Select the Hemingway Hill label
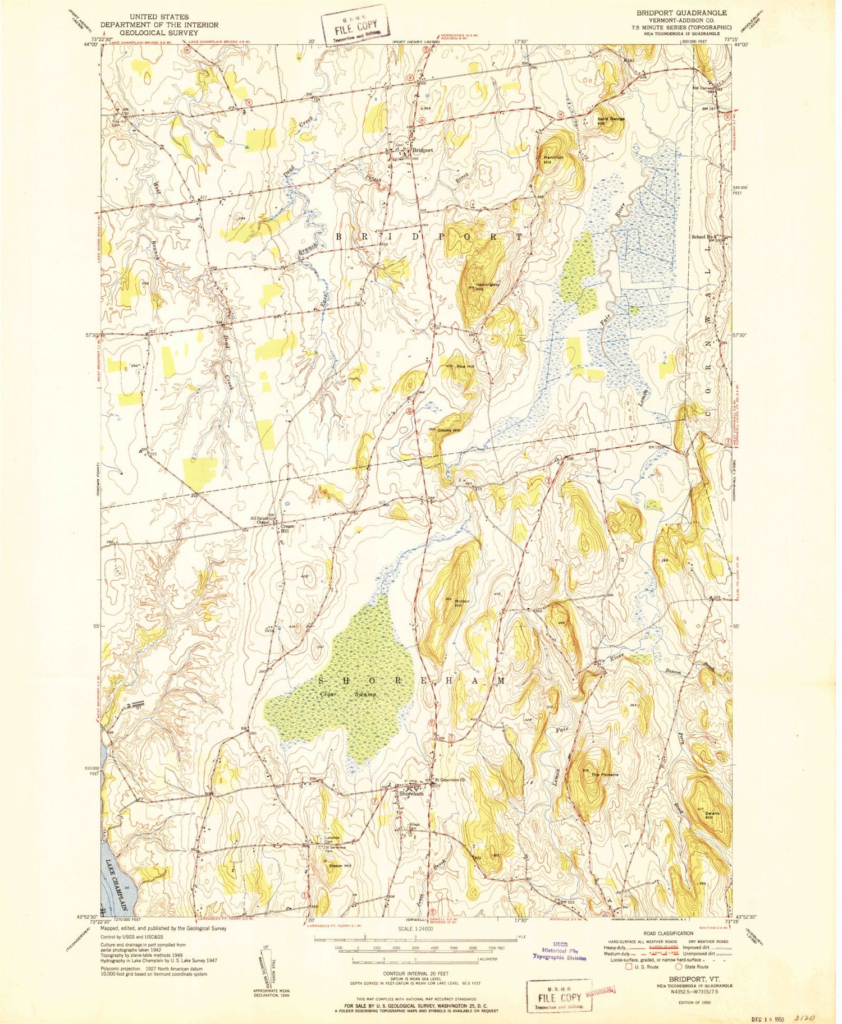pos(487,287)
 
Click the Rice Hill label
pos(465,366)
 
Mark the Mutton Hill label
pos(461,603)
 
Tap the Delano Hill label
pos(712,815)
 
